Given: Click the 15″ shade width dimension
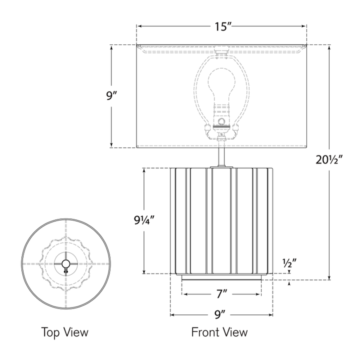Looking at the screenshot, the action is pos(222,26).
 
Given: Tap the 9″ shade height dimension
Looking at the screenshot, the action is pos(112,95).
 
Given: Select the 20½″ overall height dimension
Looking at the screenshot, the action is pos(329,160).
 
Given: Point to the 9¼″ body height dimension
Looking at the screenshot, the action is pos(143,220).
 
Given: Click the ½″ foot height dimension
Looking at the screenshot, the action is pos(289,263).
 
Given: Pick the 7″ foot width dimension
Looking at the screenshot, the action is pos(222,294).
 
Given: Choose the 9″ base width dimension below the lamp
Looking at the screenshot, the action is pos(221,315).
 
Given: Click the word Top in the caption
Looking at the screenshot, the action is pos(50,332).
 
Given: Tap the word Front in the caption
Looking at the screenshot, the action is pos(205,332).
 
